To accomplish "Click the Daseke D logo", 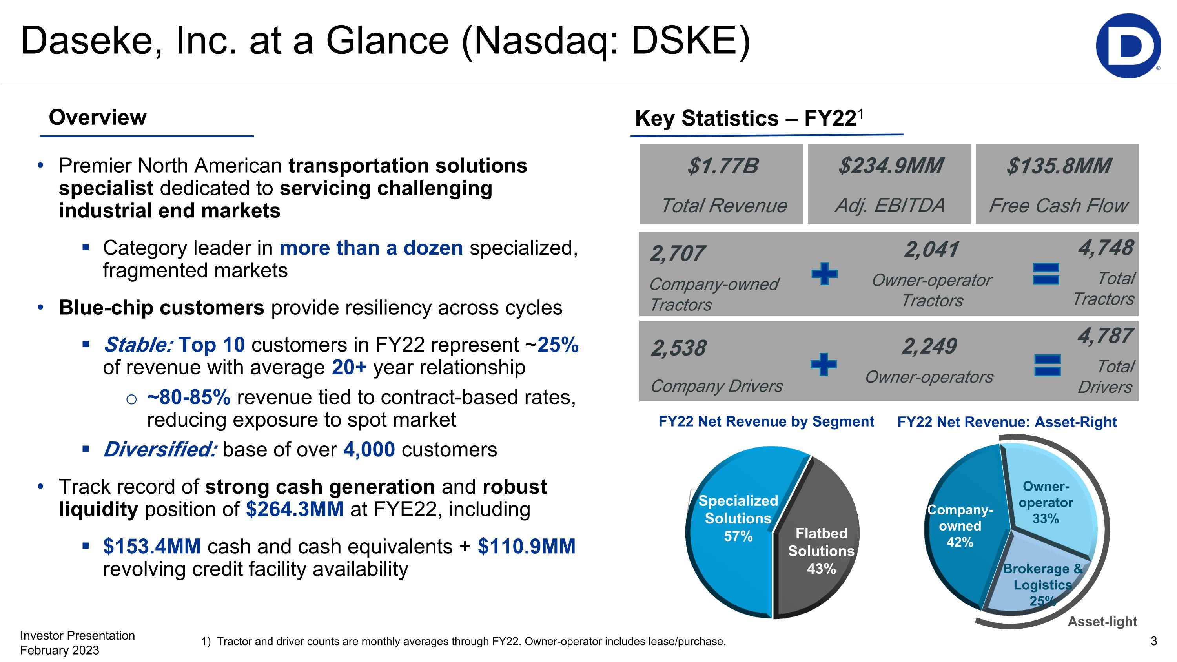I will pos(1128,46).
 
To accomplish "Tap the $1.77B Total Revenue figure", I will pos(723,166).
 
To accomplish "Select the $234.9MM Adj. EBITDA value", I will pos(891,166).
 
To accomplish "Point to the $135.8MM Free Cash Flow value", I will pos(1059,166).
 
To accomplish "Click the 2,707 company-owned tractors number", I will pos(677,254).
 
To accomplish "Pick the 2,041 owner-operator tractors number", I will pos(931,250).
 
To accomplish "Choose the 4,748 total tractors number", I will pos(1106,248).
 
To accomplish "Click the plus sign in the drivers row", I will pos(824,364).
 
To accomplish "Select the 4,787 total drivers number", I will pos(1105,336).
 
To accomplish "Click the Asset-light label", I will pos(1102,621).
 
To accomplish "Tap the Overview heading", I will pos(98,117).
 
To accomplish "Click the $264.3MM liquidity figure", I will pos(295,509).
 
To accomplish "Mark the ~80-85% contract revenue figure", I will pos(189,398).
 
